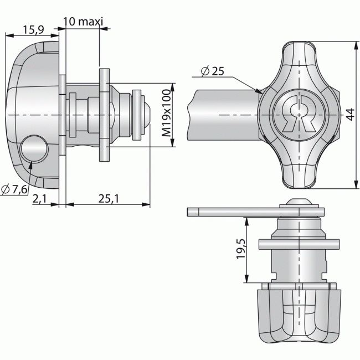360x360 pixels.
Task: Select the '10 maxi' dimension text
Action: pos(83,22)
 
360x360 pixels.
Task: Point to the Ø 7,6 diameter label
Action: pos(14,190)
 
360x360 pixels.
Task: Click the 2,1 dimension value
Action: pos(40,199)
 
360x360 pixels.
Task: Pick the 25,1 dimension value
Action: pos(109,199)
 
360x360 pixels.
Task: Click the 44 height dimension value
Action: pos(349,114)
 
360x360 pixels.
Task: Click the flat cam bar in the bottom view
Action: pos(238,211)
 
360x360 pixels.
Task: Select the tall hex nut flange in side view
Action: pos(104,115)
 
